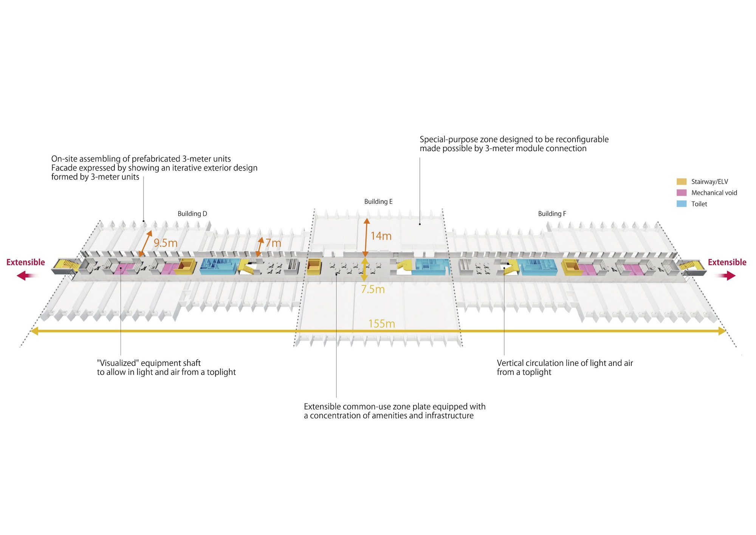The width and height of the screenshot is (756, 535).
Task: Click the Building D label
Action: click(192, 214)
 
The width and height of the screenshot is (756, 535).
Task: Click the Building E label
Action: click(378, 202)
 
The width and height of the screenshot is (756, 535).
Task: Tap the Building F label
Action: click(552, 214)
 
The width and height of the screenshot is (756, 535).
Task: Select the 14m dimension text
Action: click(381, 236)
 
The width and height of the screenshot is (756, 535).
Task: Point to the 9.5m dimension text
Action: click(165, 243)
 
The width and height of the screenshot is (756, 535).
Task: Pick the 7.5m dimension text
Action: click(373, 289)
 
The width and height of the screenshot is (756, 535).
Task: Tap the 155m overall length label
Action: click(381, 324)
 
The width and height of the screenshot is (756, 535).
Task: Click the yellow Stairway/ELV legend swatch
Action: click(681, 181)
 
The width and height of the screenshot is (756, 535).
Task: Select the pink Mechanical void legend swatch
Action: click(681, 192)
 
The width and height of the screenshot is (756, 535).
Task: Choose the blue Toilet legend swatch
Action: click(681, 204)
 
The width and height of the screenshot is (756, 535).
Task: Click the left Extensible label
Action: click(26, 262)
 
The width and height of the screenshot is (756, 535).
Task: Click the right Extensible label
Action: click(727, 262)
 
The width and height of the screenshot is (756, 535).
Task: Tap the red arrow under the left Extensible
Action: click(26, 276)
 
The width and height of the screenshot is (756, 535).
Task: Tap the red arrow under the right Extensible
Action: click(726, 276)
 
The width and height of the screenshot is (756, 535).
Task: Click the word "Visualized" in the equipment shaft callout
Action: click(118, 363)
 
